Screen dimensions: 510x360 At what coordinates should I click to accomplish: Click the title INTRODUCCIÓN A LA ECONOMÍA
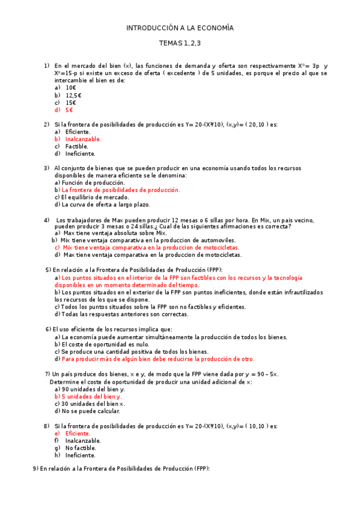coord(180,28)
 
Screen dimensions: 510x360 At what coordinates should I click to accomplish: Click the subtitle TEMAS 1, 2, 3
coord(180,43)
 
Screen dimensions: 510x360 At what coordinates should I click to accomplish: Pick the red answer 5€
coord(69,110)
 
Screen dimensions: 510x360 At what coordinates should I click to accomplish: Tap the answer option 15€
coord(71,103)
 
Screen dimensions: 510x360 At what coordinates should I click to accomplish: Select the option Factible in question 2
coord(76,146)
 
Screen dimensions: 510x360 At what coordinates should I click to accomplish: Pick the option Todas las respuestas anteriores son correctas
coord(125,314)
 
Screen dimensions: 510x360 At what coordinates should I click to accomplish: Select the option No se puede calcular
coord(91,411)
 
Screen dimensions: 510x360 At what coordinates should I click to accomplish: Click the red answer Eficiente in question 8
coord(78,433)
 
